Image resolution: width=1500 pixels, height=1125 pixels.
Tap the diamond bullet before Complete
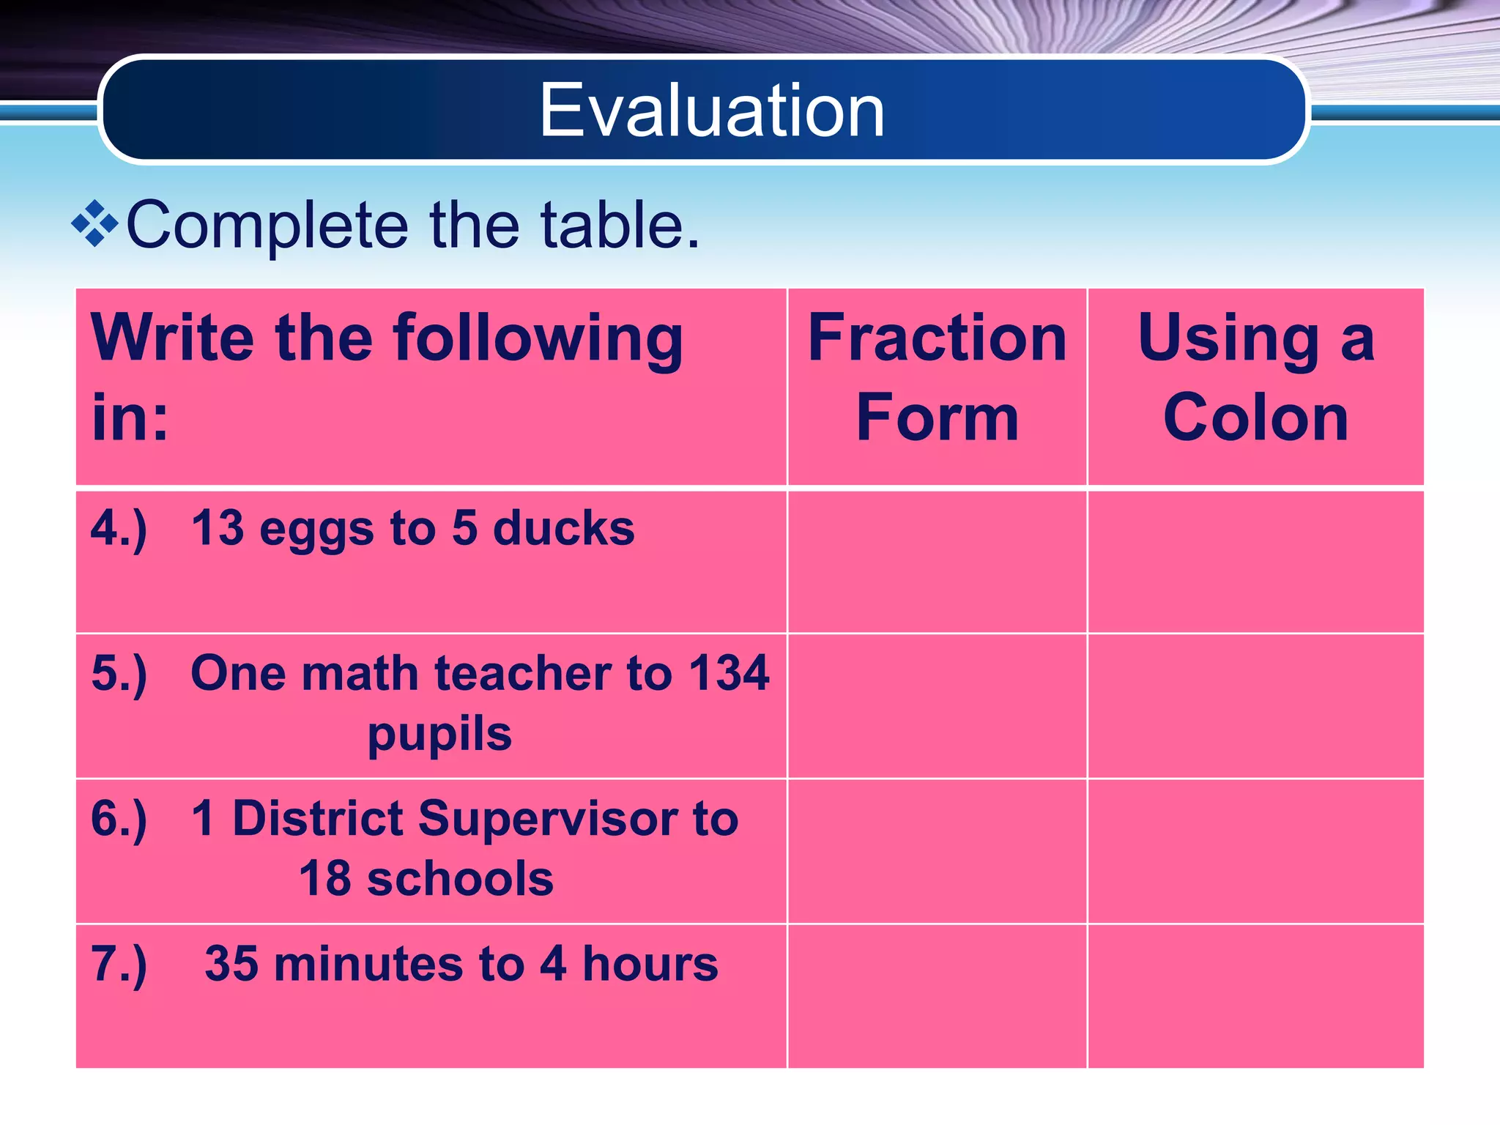point(95,223)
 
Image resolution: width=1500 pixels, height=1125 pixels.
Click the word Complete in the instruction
point(267,226)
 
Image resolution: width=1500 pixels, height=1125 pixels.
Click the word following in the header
point(538,340)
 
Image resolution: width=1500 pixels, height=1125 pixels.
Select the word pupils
point(439,734)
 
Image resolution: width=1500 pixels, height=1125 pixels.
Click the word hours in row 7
point(650,963)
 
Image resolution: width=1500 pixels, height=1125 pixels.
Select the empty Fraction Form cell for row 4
point(937,561)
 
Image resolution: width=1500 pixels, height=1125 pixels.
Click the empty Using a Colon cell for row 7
point(1255,995)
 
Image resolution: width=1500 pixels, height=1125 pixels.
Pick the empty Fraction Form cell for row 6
point(937,851)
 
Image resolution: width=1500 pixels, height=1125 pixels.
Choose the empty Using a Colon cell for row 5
point(1255,706)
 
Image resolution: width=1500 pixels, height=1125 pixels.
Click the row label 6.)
point(119,819)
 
